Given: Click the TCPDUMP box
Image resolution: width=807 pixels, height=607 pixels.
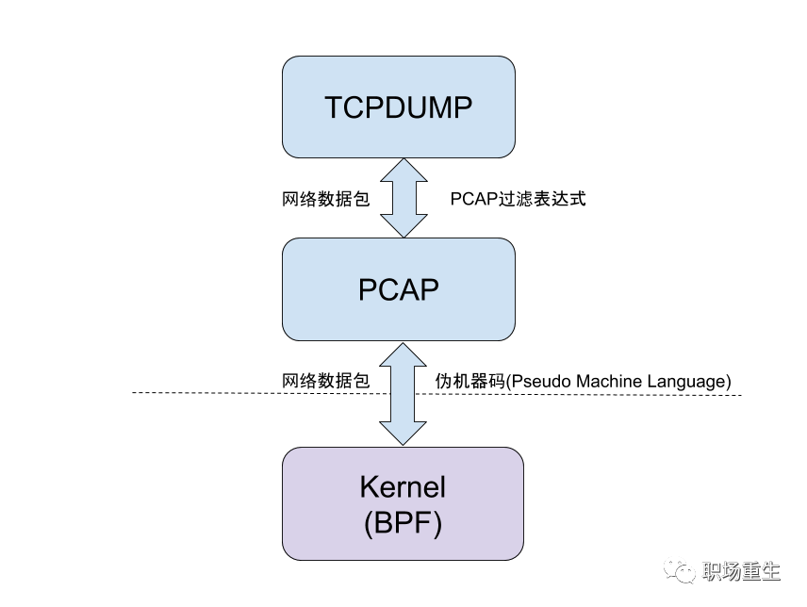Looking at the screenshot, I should [399, 107].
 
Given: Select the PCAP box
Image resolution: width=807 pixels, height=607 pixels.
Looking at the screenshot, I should [399, 289].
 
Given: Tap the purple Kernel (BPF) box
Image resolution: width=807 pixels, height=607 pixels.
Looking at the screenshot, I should [403, 504].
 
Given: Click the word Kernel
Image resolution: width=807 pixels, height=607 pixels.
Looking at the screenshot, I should [403, 487].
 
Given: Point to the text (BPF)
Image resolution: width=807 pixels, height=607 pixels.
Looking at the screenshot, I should [403, 523].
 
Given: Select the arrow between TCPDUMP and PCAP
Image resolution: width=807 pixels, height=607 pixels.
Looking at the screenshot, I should [403, 198].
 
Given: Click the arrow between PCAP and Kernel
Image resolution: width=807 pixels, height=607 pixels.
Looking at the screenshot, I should [403, 393].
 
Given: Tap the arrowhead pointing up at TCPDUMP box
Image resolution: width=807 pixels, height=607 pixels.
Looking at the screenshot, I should [403, 170].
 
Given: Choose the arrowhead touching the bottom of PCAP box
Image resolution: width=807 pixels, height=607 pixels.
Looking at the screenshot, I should [403, 354].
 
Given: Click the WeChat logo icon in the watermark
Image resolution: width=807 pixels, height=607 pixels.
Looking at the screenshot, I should [681, 568].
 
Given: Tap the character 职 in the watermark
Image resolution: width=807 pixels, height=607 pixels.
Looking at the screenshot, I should [714, 571].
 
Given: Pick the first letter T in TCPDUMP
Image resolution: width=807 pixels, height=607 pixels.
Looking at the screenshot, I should [334, 107].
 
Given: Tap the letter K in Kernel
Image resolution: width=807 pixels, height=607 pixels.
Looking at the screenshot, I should [369, 487].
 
